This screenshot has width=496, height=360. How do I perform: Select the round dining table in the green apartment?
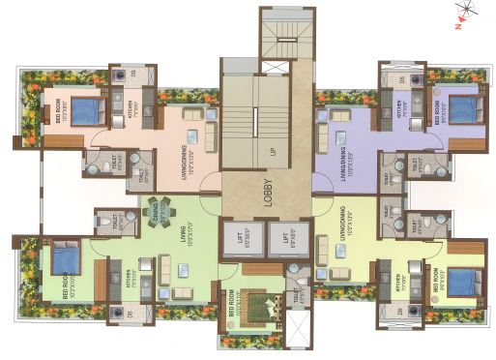[159, 209]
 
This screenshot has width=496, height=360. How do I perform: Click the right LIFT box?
[287, 237]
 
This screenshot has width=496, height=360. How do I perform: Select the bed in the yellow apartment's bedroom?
[461, 281]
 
